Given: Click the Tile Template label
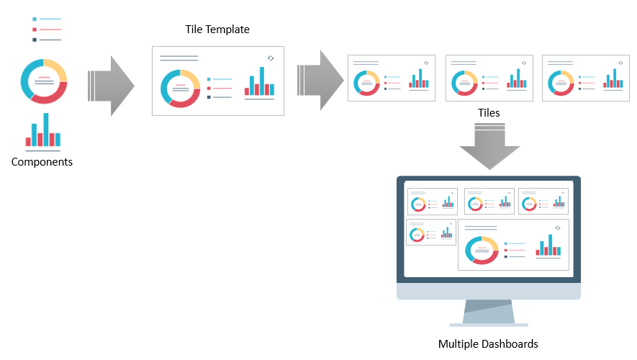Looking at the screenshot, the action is pyautogui.click(x=217, y=30).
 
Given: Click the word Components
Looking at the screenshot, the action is pyautogui.click(x=42, y=162).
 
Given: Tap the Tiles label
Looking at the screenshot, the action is pyautogui.click(x=489, y=112).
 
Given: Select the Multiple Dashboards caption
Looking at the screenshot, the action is pyautogui.click(x=488, y=343).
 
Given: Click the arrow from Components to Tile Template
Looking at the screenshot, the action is pyautogui.click(x=111, y=86).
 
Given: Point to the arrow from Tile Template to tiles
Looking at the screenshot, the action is pyautogui.click(x=320, y=81).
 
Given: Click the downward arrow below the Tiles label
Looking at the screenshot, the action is pyautogui.click(x=489, y=146).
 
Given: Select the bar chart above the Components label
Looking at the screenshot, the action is pyautogui.click(x=43, y=132).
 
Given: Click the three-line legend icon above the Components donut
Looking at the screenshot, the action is pyautogui.click(x=47, y=30).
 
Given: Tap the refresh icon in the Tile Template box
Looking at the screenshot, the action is pyautogui.click(x=271, y=58).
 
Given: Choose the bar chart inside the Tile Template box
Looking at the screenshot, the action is pyautogui.click(x=259, y=83).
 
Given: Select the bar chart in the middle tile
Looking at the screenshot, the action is pyautogui.click(x=517, y=79).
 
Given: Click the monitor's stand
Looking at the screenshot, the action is pyautogui.click(x=489, y=313).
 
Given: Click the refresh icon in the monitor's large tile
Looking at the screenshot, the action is pyautogui.click(x=558, y=228).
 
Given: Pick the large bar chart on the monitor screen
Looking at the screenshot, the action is pyautogui.click(x=548, y=246).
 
